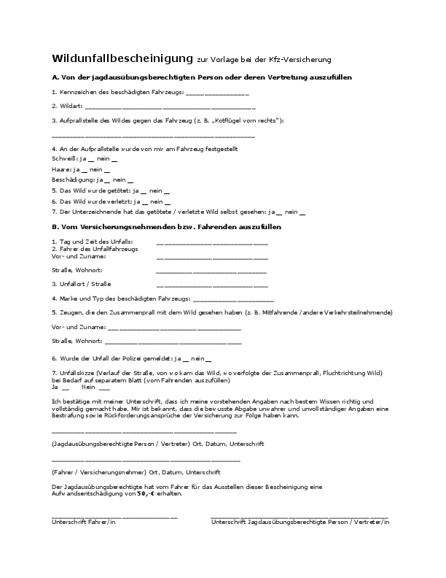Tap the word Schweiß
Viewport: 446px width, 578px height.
click(63, 158)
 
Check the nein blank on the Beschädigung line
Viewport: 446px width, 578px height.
click(129, 180)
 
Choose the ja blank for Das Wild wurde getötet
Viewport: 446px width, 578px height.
click(144, 190)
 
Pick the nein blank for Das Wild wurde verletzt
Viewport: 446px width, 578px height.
click(167, 201)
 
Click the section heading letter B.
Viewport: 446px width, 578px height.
click(55, 227)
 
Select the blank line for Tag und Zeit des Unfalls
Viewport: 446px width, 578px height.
click(212, 242)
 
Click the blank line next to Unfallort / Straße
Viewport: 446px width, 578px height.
click(212, 285)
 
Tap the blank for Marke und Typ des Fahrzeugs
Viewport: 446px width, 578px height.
click(232, 299)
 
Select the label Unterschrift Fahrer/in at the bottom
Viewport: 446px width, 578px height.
click(83, 523)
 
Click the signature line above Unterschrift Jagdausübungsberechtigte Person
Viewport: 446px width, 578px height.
click(300, 516)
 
